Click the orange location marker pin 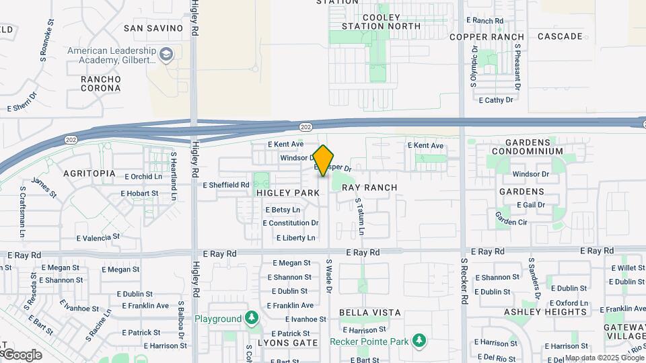[324, 161]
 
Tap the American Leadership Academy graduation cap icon [166, 53]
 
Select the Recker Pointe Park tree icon [419, 341]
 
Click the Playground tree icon [252, 318]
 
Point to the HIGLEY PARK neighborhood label [288, 193]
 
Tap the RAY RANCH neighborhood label [369, 188]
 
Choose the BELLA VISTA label [369, 313]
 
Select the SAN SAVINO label [153, 28]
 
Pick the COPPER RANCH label [487, 36]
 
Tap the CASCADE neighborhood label [560, 36]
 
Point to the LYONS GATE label [288, 343]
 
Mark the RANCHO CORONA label [101, 84]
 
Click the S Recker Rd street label [464, 281]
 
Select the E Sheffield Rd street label [226, 185]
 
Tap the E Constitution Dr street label [291, 223]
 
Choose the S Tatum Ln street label [360, 216]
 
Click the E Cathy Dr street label [495, 100]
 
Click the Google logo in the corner [22, 355]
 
